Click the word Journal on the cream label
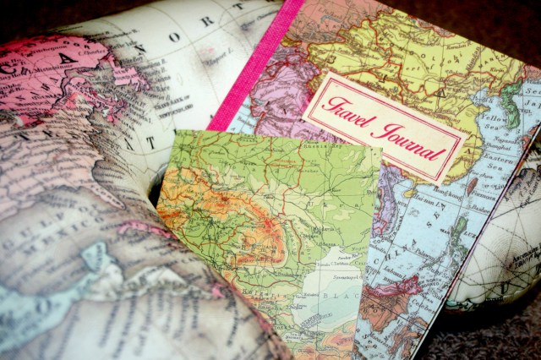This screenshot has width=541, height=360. (x=413, y=139)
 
